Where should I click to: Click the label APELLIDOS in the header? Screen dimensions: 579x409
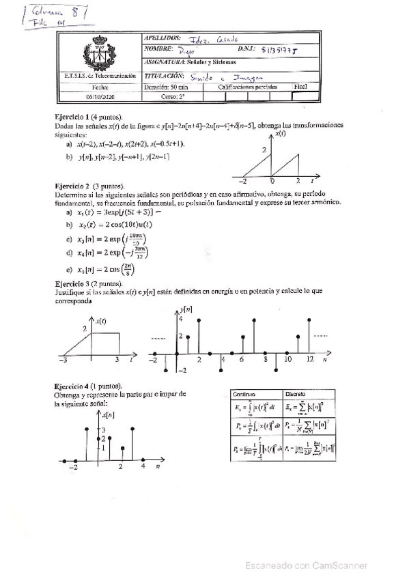pos(163,38)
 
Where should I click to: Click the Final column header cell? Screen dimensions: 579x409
pos(300,87)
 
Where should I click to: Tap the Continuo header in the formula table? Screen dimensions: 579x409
pos(244,394)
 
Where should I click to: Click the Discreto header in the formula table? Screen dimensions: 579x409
pos(296,394)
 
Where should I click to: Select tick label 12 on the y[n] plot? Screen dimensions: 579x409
pos(309,358)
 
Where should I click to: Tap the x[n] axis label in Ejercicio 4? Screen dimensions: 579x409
pos(107,415)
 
